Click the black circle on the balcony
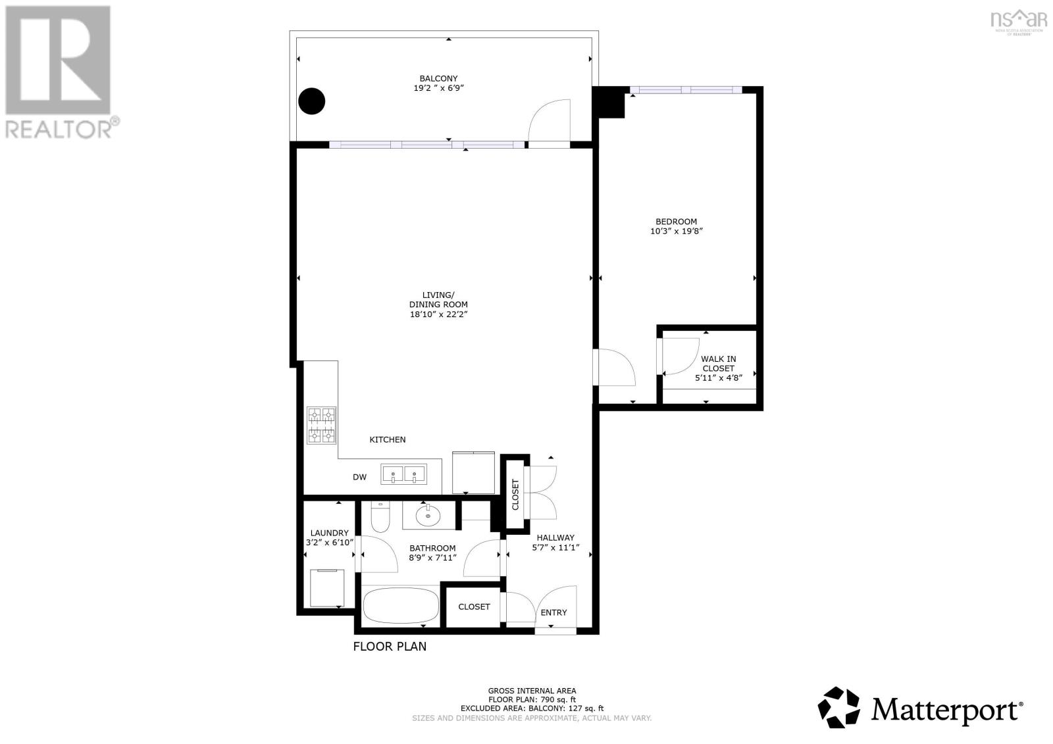click(x=312, y=101)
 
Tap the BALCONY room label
click(x=438, y=78)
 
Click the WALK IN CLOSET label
click(x=718, y=364)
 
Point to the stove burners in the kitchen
click(x=321, y=426)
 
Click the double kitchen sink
click(x=404, y=474)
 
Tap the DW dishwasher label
click(x=359, y=477)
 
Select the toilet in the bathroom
click(x=380, y=518)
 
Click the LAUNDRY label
click(x=329, y=533)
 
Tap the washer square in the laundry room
click(x=326, y=587)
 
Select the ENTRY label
click(x=553, y=612)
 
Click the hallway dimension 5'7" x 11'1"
click(x=555, y=547)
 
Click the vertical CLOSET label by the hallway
click(x=515, y=494)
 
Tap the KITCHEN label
click(x=387, y=439)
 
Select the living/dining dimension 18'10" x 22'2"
click(x=438, y=314)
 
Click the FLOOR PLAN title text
click(x=390, y=647)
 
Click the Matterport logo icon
click(x=839, y=708)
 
